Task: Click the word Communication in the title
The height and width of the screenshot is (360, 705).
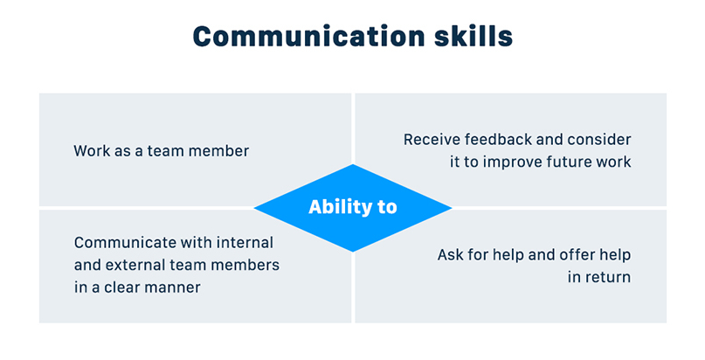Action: (308, 36)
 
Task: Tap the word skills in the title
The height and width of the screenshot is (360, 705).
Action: (473, 36)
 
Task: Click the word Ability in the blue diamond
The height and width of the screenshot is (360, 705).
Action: (334, 207)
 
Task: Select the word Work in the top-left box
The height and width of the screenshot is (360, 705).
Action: (90, 150)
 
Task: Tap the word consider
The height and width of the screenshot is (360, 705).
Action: (599, 139)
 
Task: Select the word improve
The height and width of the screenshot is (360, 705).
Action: (512, 162)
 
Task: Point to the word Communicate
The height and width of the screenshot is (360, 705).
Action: (121, 243)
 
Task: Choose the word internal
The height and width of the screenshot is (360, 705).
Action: (245, 243)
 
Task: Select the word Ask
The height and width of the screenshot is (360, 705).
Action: (450, 255)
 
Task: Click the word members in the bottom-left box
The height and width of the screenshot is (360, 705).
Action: (245, 265)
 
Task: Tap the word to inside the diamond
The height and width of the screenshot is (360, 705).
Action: (387, 208)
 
